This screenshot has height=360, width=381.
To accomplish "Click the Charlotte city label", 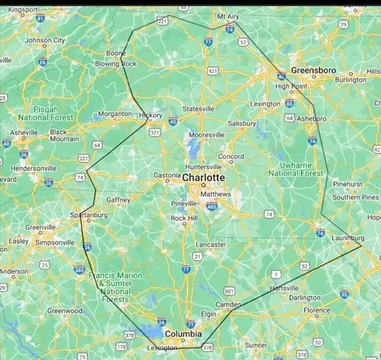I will (203, 178).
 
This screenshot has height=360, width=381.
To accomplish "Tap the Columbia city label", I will (183, 334).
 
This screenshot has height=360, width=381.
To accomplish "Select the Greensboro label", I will (313, 71).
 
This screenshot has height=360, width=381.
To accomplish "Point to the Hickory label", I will (151, 115).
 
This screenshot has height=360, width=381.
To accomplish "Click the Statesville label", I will (198, 109).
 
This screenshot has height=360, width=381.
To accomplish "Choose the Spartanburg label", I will (89, 215).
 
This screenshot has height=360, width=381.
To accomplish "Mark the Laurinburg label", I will (348, 237).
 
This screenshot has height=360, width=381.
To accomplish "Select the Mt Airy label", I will (228, 17).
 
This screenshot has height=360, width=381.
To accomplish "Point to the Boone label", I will (116, 53).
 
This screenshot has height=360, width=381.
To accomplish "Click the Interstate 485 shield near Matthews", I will (212, 207).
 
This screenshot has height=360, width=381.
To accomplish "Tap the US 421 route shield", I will (213, 72).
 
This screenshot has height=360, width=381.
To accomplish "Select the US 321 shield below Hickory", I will (155, 132).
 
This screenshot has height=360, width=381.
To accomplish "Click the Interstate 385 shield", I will (80, 269).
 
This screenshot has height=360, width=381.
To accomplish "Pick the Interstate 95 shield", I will (344, 294).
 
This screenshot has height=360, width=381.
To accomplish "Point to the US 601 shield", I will (230, 291).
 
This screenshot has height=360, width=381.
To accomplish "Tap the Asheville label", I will (24, 132).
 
